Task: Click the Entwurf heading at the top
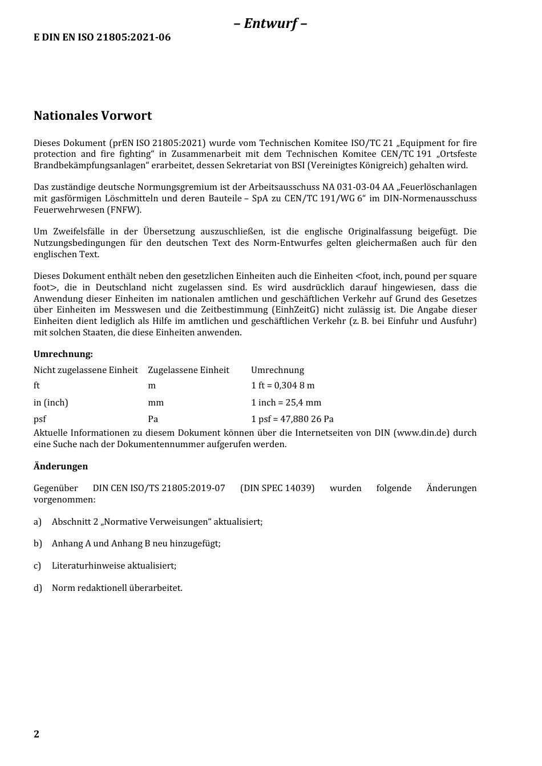[x=270, y=23]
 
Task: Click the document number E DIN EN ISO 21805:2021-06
[x=102, y=38]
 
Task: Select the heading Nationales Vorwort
[x=92, y=116]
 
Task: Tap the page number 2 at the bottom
[x=37, y=734]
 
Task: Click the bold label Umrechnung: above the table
[x=63, y=354]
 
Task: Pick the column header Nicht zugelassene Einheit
[x=86, y=370]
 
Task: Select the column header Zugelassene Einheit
[x=188, y=370]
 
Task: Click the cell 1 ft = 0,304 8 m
[x=282, y=386]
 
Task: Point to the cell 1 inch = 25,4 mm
[x=286, y=403]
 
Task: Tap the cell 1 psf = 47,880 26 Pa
[x=292, y=419]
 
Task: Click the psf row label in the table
[x=40, y=419]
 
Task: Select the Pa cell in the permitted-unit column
[x=153, y=419]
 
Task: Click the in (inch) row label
[x=51, y=403]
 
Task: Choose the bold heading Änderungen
[x=60, y=467]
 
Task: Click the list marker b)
[x=38, y=544]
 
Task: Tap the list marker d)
[x=38, y=588]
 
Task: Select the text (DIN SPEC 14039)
[x=277, y=488]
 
